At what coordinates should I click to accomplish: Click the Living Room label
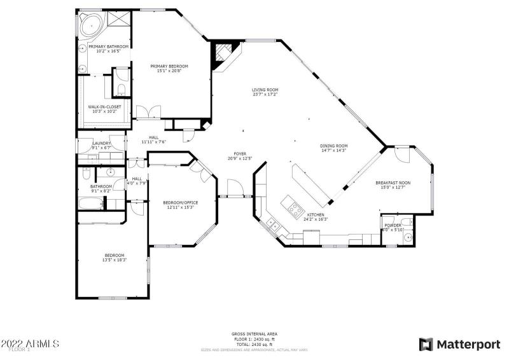265,90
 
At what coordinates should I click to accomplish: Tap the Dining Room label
333,146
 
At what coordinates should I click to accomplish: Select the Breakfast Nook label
396,183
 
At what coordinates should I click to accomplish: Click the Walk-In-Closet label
104,107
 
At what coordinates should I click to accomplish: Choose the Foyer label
240,153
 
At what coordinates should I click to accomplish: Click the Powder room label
393,226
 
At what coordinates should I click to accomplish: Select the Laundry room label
102,144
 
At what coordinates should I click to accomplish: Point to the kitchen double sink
271,223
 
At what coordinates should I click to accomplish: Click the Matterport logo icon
426,344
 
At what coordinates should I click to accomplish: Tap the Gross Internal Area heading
254,334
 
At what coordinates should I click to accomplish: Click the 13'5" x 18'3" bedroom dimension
115,260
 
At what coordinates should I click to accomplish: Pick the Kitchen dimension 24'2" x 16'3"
316,219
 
